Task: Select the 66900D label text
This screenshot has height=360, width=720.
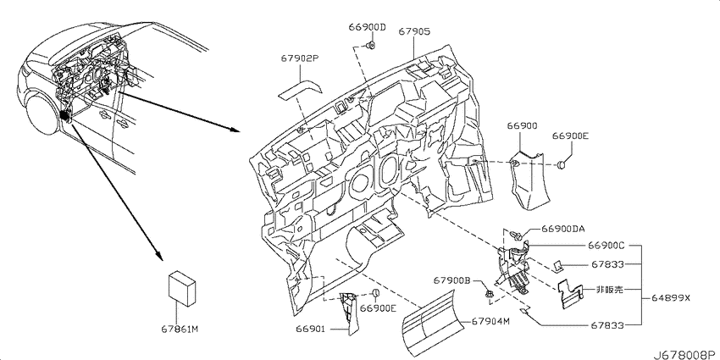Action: [367, 27]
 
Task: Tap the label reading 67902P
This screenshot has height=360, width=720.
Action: [300, 58]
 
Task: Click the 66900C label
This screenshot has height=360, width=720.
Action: [606, 246]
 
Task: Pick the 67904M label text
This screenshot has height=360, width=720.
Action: [490, 321]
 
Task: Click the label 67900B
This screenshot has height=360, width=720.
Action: [451, 280]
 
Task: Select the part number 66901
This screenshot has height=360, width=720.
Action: [310, 329]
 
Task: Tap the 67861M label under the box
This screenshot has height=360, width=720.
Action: [180, 329]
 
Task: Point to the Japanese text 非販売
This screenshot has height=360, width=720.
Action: [610, 290]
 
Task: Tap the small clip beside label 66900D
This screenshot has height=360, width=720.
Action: [371, 45]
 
